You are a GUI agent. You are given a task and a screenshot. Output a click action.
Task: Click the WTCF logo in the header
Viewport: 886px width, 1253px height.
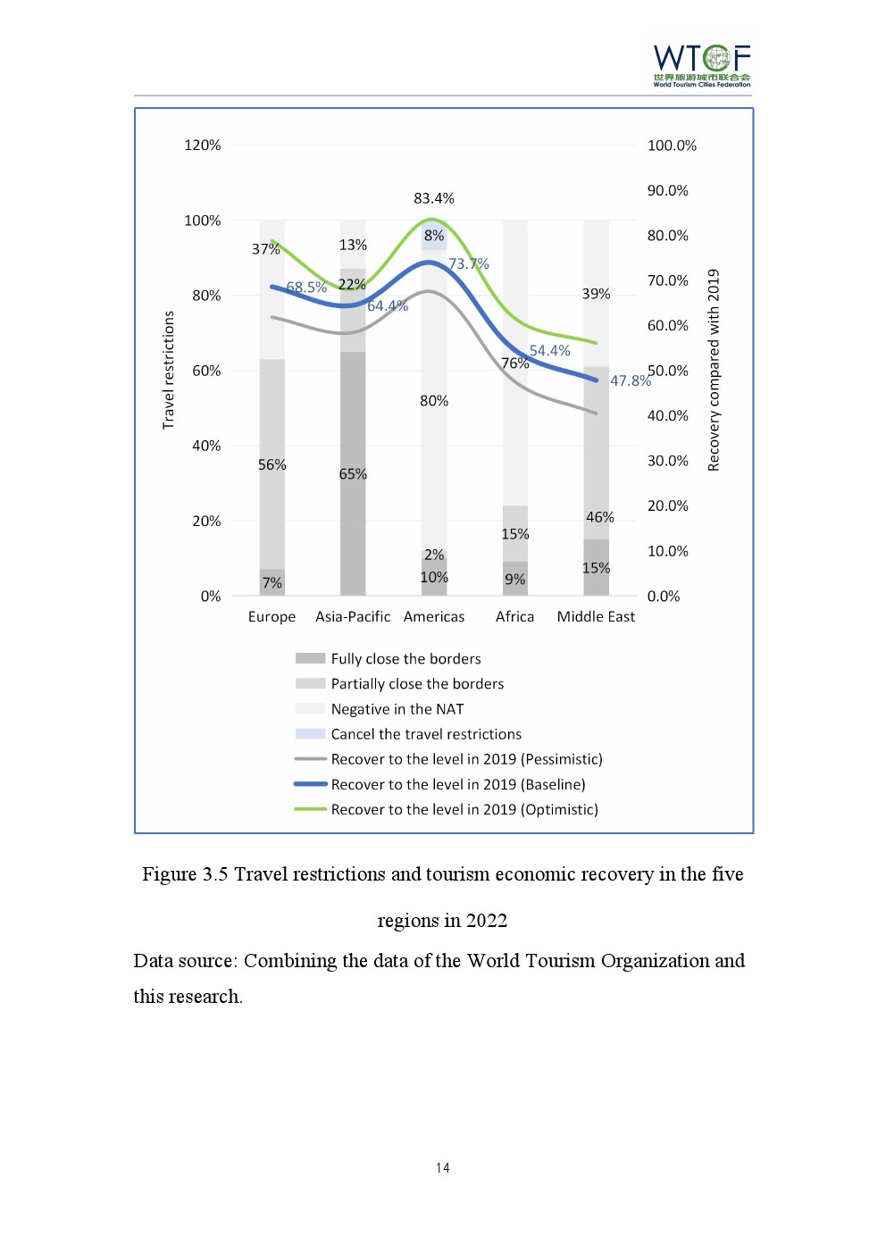tap(701, 64)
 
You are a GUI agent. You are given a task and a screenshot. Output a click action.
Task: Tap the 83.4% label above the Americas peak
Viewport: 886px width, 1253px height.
tap(434, 198)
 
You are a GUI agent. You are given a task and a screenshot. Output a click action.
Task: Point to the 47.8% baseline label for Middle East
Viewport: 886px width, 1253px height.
tap(631, 380)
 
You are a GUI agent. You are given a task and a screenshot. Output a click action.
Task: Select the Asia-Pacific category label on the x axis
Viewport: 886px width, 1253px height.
tap(353, 616)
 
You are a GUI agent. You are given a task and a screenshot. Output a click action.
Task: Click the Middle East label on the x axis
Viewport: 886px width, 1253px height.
tap(596, 616)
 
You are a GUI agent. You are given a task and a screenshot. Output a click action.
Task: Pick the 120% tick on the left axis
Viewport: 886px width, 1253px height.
tap(203, 145)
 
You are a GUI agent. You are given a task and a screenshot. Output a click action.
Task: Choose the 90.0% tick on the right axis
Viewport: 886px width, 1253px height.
tap(668, 190)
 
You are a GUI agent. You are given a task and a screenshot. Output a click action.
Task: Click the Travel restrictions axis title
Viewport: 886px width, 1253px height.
tap(169, 370)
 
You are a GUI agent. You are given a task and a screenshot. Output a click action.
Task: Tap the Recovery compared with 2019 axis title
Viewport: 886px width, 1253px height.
tap(714, 370)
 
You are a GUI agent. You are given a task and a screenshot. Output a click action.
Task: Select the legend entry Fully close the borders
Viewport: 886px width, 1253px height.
tap(405, 658)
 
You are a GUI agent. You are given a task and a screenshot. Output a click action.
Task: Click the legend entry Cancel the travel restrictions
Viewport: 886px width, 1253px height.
tap(426, 734)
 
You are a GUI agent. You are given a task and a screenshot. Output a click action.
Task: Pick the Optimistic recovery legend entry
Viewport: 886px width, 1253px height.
tap(464, 809)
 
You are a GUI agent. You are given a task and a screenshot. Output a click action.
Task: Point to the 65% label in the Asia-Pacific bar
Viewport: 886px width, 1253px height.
tap(353, 474)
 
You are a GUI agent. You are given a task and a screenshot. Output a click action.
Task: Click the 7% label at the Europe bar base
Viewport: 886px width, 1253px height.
tap(272, 583)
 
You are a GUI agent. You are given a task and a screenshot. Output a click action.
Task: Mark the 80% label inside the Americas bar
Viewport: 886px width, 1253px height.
tap(434, 401)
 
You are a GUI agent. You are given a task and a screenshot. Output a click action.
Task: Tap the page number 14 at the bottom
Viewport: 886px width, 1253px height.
tap(443, 1168)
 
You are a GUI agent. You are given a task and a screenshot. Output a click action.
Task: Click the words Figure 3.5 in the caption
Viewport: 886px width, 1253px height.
tap(185, 874)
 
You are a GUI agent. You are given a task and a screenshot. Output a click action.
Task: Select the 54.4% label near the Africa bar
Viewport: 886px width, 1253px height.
tap(550, 351)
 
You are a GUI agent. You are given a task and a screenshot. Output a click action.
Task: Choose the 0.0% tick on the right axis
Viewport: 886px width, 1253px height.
tap(664, 597)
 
